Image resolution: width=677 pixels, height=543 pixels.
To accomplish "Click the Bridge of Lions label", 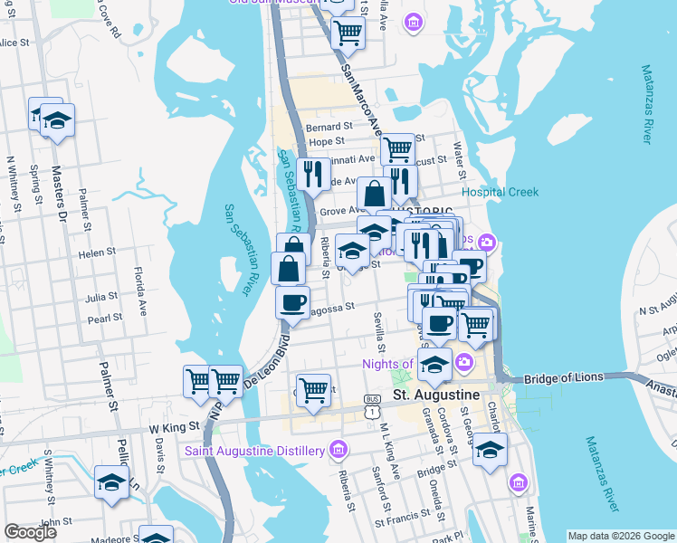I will pos(563,376).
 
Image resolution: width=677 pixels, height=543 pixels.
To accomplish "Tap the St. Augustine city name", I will pos(435,396).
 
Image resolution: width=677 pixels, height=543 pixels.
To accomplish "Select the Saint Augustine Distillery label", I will pos(254,451).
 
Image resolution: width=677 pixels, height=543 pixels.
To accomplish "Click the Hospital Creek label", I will pos(500,192).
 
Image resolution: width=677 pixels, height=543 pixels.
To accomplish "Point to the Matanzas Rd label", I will pos(648,103).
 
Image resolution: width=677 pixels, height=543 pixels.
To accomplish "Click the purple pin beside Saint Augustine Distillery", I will pos(338,449).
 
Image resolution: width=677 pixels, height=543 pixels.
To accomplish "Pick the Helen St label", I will pos(98,252).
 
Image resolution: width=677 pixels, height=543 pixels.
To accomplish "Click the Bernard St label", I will pos(329,127).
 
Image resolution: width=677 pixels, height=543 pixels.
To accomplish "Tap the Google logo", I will pos(31,532).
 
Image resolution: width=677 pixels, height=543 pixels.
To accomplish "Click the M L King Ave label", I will pos(390,452).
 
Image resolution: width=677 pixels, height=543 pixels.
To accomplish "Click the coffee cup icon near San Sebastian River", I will pos(292,301).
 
